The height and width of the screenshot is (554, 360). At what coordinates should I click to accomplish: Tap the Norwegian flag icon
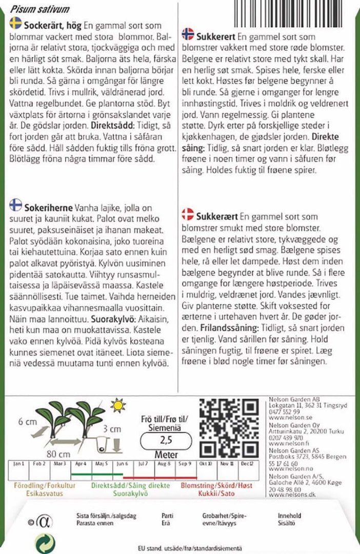pyautogui.click(x=188, y=34)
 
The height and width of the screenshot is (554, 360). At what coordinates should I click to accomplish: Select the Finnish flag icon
pyautogui.click(x=15, y=205)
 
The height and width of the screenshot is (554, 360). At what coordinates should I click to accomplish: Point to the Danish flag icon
pyautogui.click(x=188, y=214)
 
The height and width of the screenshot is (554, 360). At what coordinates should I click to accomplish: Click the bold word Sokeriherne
pyautogui.click(x=48, y=206)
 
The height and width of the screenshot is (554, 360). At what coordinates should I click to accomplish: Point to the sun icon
pyautogui.click(x=118, y=405)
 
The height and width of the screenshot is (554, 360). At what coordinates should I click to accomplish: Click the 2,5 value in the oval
pyautogui.click(x=166, y=440)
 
